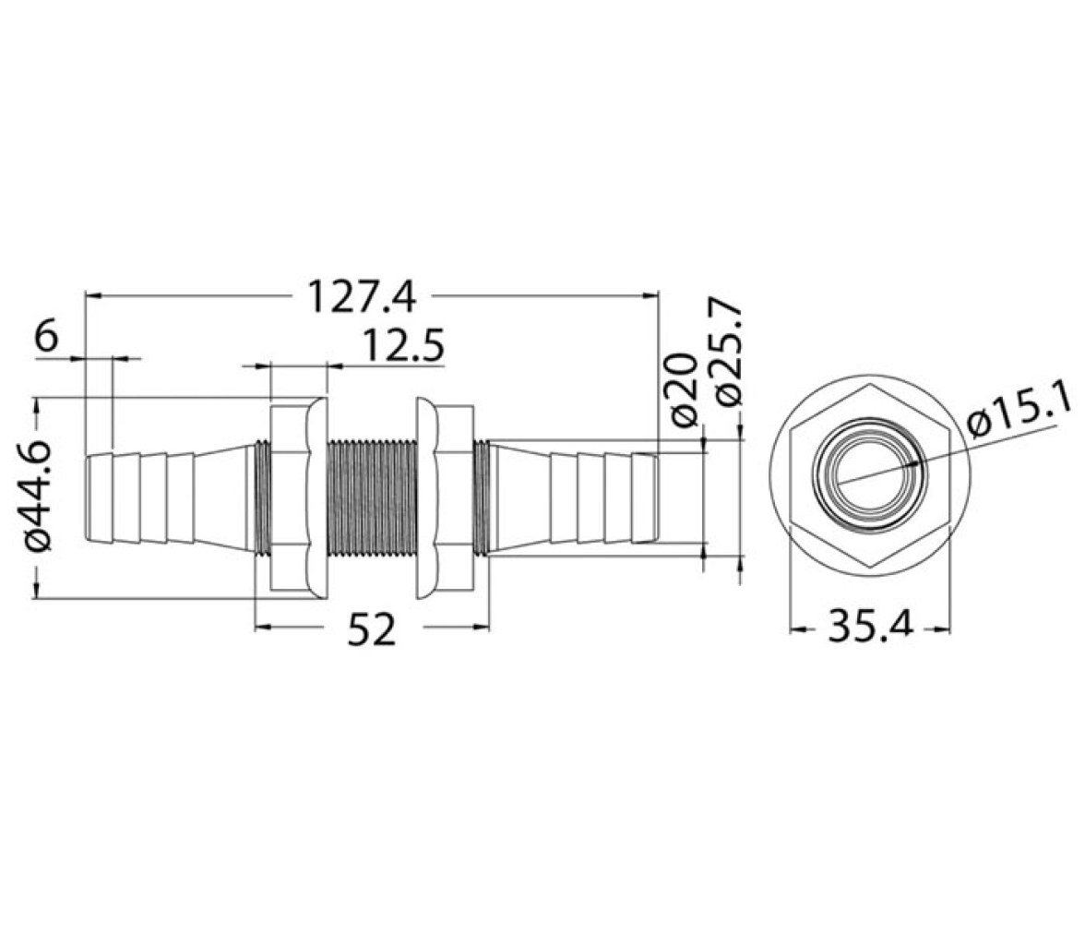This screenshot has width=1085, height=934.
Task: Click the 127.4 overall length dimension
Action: click(362, 296)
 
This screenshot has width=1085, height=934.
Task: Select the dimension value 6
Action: click(46, 338)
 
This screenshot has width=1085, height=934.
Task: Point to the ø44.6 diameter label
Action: click(40, 495)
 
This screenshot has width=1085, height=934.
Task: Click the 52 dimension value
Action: click(373, 629)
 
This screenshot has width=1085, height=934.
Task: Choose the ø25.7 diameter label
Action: click(729, 353)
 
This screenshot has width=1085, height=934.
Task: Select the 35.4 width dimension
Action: click(871, 628)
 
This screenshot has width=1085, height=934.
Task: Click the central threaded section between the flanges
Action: click(371, 497)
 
